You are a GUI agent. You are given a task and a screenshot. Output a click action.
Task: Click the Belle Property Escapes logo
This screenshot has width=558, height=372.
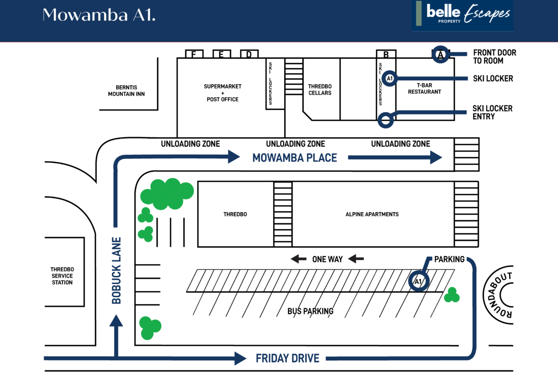pos(463,15)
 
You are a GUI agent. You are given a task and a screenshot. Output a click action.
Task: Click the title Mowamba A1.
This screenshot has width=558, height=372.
pos(99,15)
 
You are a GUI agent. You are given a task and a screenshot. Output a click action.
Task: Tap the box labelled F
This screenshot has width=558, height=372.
pos(194,54)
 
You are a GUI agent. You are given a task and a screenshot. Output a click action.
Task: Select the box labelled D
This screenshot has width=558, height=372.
pos(249,54)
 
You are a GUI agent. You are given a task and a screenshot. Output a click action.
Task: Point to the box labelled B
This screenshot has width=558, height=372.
pos(386,54)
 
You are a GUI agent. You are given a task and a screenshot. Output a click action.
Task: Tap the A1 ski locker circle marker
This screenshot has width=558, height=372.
pos(390,79)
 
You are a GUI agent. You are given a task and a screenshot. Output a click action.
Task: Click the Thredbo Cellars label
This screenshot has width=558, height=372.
pos(320,90)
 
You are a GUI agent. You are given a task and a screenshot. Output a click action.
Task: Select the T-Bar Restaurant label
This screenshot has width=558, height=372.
pos(425,88)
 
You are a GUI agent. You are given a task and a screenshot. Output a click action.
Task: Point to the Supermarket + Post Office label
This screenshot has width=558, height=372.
pos(222,93)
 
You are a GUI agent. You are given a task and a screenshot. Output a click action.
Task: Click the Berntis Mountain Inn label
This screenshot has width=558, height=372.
pos(126,91)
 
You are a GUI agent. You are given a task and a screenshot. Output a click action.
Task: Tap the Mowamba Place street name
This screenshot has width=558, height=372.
pos(295,158)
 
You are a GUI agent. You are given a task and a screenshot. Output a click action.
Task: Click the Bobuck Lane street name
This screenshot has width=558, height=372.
pos(116,270)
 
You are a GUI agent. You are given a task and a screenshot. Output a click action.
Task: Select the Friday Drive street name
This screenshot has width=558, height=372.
pos(287,359)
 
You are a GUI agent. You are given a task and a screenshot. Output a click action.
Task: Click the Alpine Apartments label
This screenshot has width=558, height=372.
pos(372,214)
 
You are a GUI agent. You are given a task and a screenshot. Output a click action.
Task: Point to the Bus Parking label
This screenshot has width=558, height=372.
pos(311,311)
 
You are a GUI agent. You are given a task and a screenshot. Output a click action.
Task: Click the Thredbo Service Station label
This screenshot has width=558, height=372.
pos(62,276)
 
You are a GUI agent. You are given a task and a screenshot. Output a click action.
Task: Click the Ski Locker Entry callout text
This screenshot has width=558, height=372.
pos(492,113)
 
